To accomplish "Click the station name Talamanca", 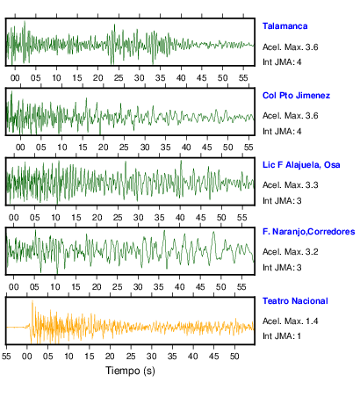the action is point(284,26).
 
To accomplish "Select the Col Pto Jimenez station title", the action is point(296,96).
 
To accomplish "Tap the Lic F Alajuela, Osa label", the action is point(301,165).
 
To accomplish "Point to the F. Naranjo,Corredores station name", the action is point(308,232).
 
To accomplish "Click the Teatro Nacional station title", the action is point(295,301).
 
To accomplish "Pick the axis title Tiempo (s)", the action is point(130,371).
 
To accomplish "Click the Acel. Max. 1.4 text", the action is point(290,321).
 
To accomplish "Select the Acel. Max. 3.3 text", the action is point(290,185).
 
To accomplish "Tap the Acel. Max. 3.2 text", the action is point(290,252).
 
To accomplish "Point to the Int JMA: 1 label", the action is point(282,335).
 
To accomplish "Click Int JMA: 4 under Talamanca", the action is point(282,62).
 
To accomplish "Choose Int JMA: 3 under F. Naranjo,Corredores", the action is point(282,268).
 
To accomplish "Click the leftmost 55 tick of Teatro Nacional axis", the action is point(6,357).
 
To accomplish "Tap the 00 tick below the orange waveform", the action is point(27,357).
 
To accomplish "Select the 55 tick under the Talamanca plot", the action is point(243,78).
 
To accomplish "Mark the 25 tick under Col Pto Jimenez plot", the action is point(124,147).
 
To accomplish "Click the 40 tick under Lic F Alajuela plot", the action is point(180,218).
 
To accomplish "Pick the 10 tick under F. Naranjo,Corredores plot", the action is point(55,286).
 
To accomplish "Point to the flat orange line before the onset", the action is point(16,327).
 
